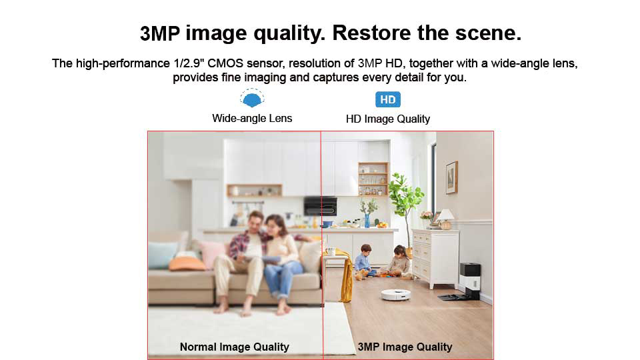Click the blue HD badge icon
tap(388, 99)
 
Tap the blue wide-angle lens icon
tap(252, 99)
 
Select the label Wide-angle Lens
tap(252, 119)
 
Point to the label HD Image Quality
tap(388, 119)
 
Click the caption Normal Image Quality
tap(234, 347)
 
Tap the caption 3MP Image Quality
tap(405, 347)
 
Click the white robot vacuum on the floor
tap(396, 294)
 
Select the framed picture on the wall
tap(451, 177)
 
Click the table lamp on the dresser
tap(446, 219)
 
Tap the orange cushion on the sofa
tap(187, 264)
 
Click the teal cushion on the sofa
tap(163, 255)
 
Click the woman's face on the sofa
tap(272, 226)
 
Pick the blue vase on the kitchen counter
tap(367, 221)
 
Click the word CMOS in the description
tap(225, 63)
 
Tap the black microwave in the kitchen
tap(321, 206)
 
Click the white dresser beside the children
tap(435, 258)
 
